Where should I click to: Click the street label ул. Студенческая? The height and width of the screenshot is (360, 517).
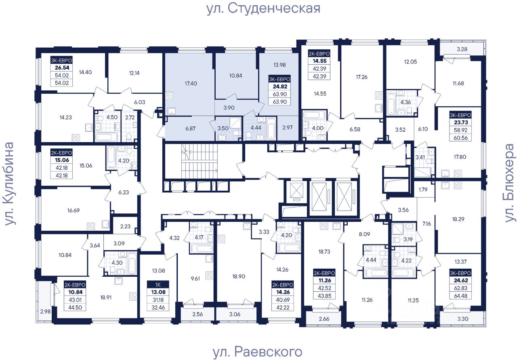click(x=263, y=8)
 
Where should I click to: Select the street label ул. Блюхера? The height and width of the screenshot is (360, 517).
click(x=510, y=182)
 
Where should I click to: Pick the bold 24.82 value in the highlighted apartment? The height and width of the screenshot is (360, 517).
click(x=280, y=86)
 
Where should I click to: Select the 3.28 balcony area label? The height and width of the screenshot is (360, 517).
click(x=462, y=50)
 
